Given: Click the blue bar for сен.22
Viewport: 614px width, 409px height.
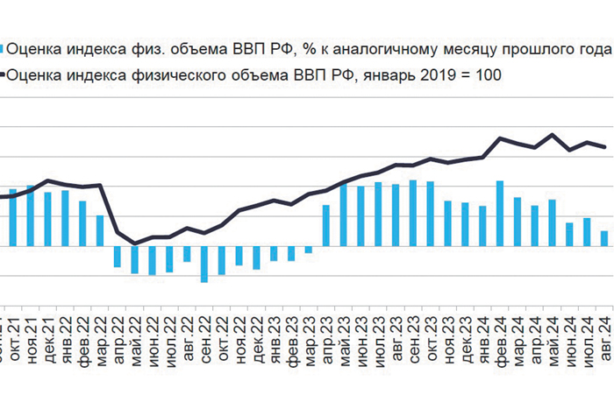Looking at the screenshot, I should click(204, 264).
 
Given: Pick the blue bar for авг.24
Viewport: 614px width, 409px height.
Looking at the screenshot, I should click(603, 238).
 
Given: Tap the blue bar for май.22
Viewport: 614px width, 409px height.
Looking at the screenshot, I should click(135, 260).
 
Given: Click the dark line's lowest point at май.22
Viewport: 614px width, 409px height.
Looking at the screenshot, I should click(135, 243).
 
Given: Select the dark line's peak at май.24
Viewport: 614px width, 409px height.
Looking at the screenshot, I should click(552, 135).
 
